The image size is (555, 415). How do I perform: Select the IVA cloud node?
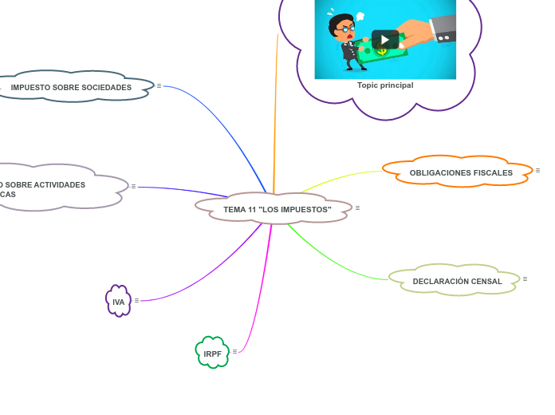[x=118, y=302]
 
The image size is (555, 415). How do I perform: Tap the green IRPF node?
[x=212, y=354]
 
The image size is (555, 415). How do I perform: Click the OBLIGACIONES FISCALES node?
[x=460, y=172]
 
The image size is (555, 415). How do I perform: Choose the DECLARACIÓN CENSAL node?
[x=457, y=281]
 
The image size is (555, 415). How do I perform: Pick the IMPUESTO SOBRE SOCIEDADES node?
[x=71, y=87]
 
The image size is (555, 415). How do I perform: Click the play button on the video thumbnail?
[x=384, y=39]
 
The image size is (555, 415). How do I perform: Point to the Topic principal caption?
[x=385, y=85]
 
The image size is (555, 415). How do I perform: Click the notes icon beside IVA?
[x=136, y=300]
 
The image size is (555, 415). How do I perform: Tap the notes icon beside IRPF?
[x=234, y=351]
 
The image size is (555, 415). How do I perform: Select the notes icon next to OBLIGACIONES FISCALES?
[x=537, y=170]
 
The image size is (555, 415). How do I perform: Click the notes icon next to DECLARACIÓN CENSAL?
[x=525, y=279]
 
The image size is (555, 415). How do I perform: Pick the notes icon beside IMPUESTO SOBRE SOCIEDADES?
[x=159, y=85]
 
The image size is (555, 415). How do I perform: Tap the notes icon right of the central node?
[x=357, y=207]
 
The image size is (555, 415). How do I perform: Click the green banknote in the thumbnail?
[x=381, y=52]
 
